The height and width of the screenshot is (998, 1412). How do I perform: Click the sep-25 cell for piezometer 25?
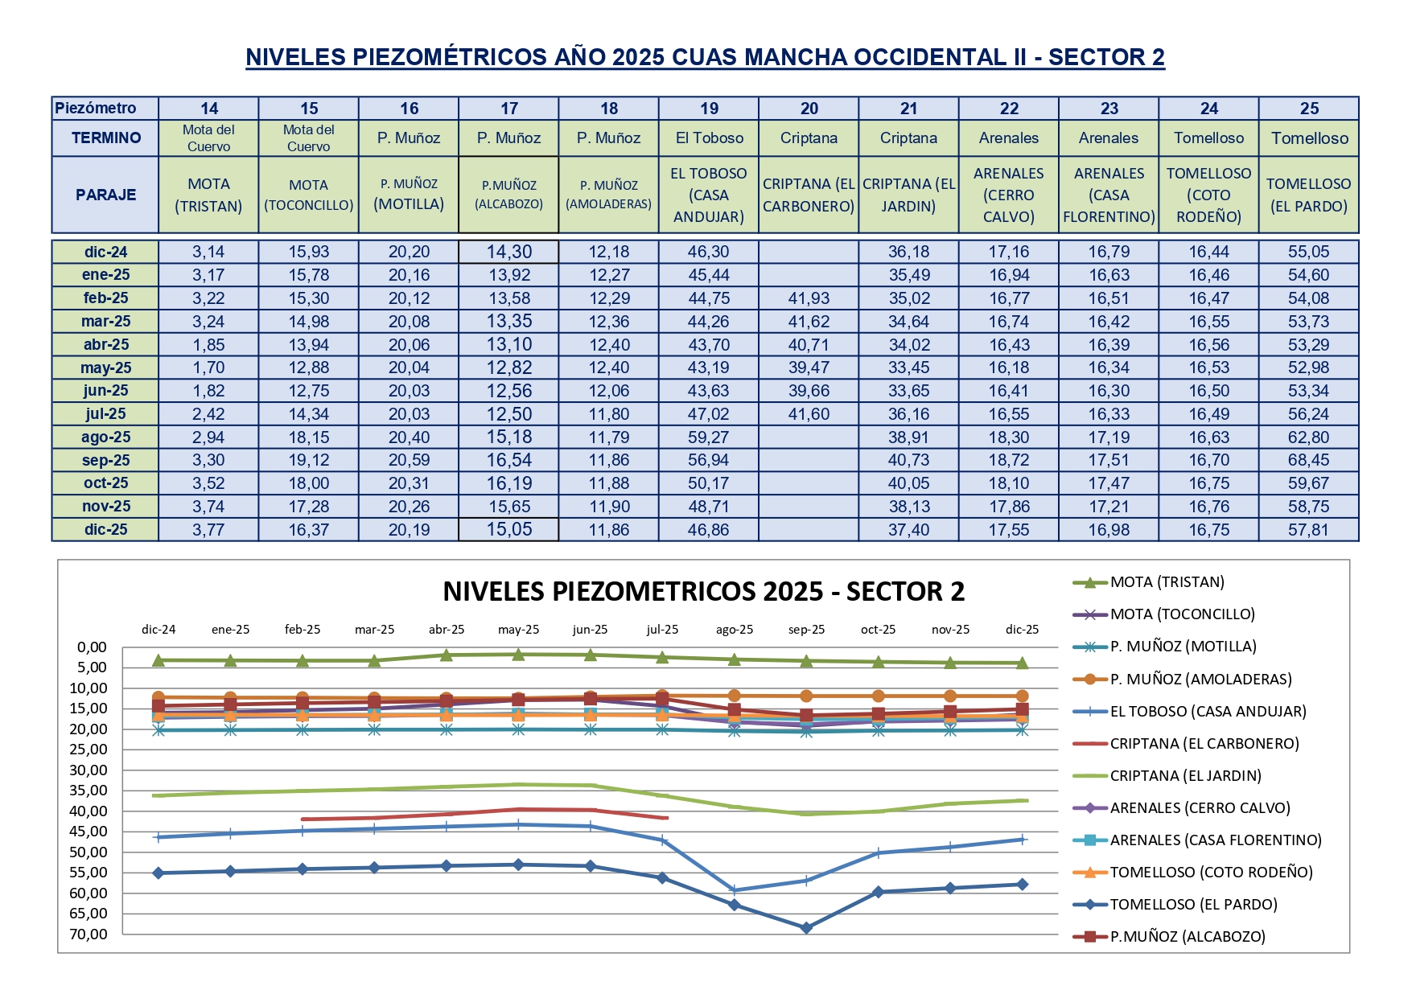[x=1308, y=460]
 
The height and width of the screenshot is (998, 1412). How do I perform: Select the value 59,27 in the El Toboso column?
[x=708, y=437]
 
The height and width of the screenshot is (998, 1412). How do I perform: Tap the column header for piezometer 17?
[x=508, y=109]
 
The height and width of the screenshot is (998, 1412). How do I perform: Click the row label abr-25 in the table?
[x=105, y=344]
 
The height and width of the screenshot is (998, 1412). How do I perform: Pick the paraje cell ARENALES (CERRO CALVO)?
[x=1008, y=195]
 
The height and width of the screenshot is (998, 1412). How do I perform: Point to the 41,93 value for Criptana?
[x=809, y=298]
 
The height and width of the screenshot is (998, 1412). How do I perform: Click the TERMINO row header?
[x=105, y=138]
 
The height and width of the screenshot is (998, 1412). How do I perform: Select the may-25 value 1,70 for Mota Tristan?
[x=208, y=368]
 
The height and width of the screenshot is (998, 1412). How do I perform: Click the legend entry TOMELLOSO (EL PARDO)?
[x=1193, y=904]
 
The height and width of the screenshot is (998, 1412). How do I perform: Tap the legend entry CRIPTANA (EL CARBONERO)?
[x=1204, y=743]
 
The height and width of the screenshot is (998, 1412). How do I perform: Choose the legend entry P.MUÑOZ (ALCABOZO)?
[x=1188, y=936]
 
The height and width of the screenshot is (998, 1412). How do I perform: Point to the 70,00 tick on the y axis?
[x=88, y=934]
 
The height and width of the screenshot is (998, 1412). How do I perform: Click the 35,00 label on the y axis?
[x=88, y=791]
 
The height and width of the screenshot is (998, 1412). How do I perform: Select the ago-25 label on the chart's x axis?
[x=734, y=630]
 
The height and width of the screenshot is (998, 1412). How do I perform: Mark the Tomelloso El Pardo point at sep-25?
[x=806, y=927]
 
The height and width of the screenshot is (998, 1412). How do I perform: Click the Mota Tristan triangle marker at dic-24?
[x=158, y=659]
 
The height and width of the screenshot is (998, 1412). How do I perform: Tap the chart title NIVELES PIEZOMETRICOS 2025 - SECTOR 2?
[x=703, y=591]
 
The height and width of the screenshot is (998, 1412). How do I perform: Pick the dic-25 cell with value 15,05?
[x=508, y=529]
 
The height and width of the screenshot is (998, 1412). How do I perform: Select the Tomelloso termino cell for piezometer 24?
[x=1208, y=138]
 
